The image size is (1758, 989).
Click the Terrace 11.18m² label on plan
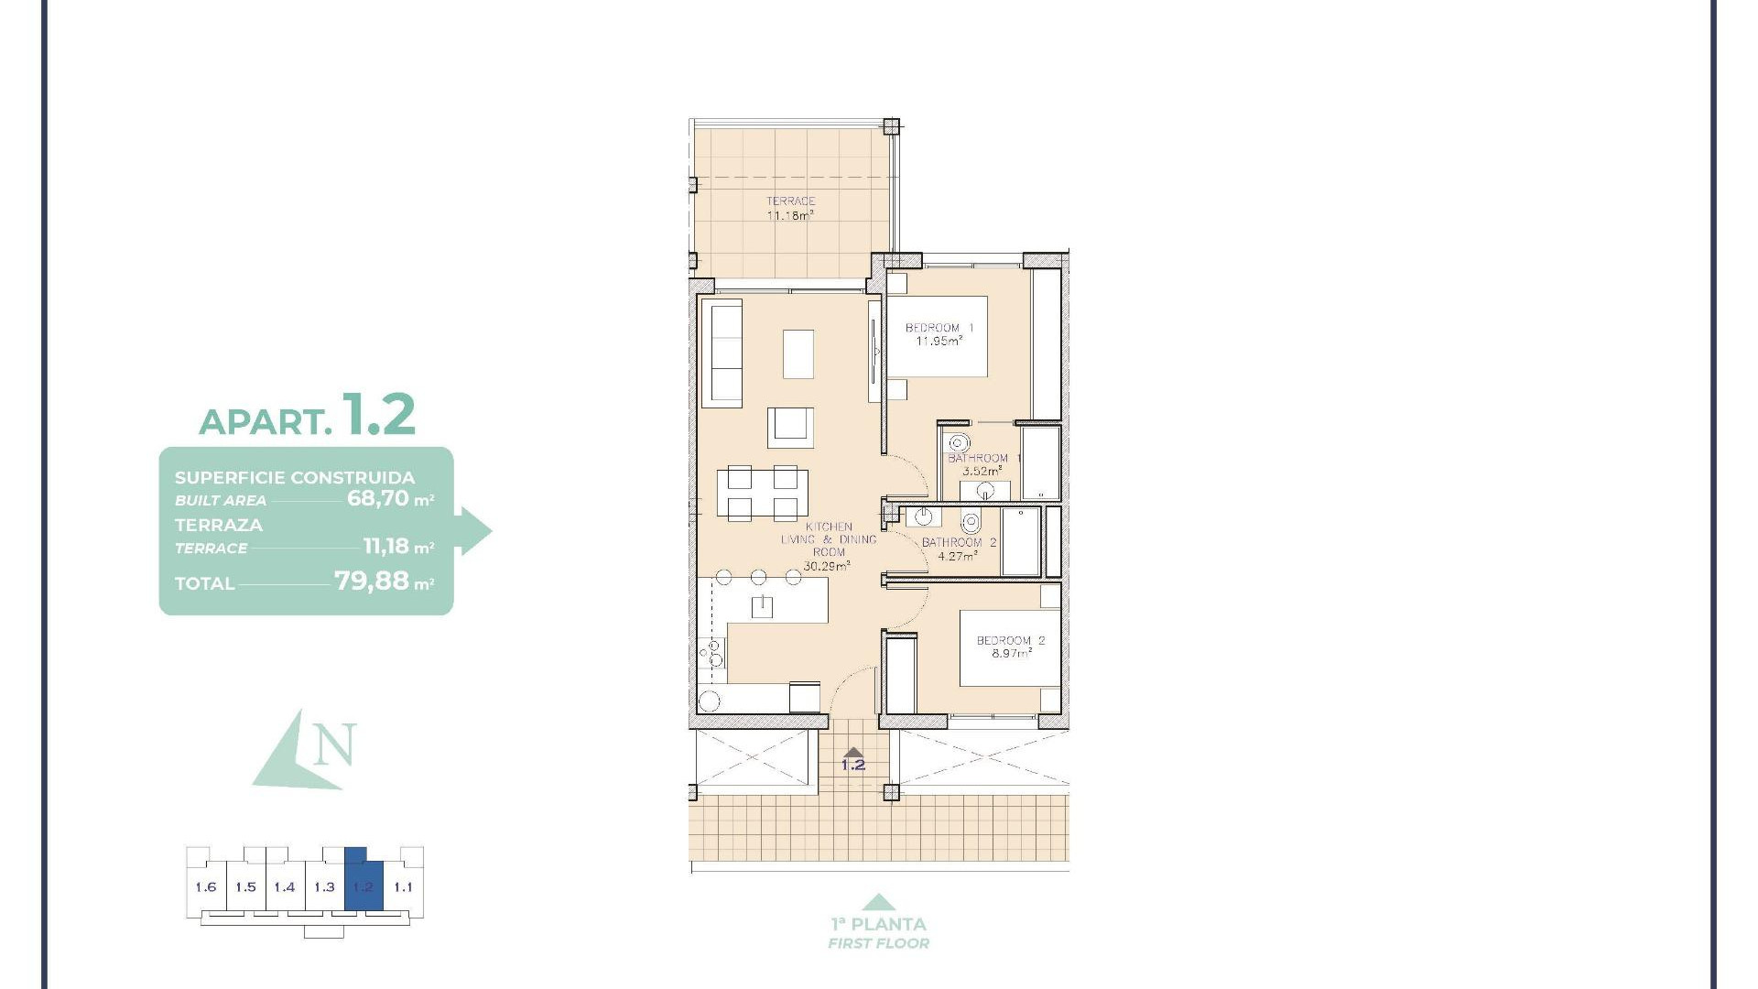click(x=790, y=209)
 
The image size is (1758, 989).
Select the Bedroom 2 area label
click(x=1010, y=647)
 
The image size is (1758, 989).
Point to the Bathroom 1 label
click(x=982, y=464)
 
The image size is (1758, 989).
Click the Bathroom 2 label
click(x=959, y=549)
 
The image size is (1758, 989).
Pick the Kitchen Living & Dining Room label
click(x=828, y=546)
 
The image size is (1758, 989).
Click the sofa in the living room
click(x=722, y=353)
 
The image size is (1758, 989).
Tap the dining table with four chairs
click(x=762, y=494)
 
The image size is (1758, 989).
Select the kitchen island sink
click(x=762, y=605)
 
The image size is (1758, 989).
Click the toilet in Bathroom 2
click(x=971, y=523)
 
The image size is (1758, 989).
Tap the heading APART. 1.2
click(x=308, y=417)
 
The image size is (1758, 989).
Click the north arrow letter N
click(x=333, y=745)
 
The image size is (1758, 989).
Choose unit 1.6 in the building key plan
click(x=206, y=886)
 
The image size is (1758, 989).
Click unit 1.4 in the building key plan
click(x=285, y=886)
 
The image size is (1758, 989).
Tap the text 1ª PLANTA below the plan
click(x=878, y=924)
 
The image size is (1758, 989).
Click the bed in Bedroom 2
click(x=1009, y=648)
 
